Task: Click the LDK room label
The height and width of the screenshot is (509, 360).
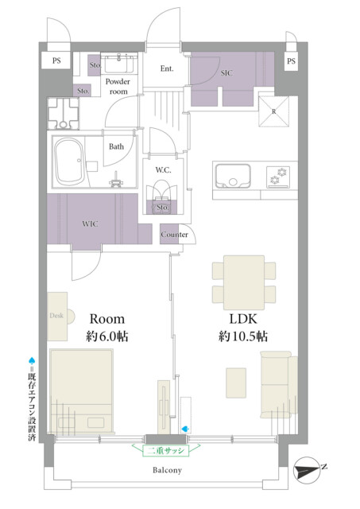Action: click(x=243, y=319)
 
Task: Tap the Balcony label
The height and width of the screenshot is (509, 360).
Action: click(x=167, y=470)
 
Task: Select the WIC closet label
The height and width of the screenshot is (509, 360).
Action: click(x=90, y=223)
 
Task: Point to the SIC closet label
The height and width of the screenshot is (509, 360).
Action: click(x=226, y=73)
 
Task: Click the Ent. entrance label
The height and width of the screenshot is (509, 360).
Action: click(x=167, y=68)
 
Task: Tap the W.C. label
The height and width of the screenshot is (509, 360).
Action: click(x=163, y=169)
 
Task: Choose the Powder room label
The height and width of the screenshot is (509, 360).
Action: click(x=118, y=87)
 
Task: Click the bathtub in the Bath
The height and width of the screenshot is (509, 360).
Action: click(x=68, y=161)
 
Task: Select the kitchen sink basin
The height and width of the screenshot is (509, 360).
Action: click(x=233, y=176)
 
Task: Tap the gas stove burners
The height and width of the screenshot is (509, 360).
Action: click(x=278, y=177)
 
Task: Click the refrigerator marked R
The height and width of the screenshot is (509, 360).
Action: click(x=273, y=111)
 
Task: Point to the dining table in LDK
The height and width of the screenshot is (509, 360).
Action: click(x=243, y=282)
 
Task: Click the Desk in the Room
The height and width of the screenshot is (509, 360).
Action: click(x=60, y=317)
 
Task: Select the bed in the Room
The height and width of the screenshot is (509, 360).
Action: click(x=82, y=391)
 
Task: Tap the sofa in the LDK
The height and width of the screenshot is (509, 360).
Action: click(x=279, y=385)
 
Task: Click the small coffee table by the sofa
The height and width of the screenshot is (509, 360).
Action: click(x=236, y=383)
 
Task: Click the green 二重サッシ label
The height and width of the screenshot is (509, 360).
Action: click(x=166, y=451)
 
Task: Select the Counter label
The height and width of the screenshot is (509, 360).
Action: click(x=174, y=235)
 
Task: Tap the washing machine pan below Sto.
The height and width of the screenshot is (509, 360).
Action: click(x=64, y=113)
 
